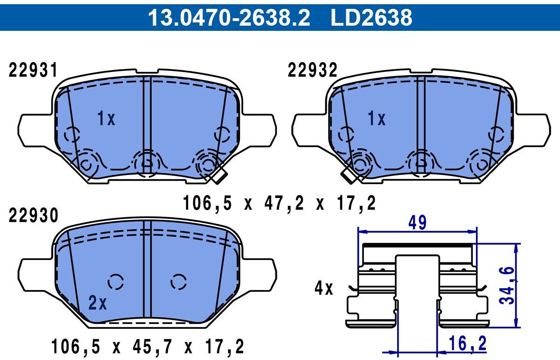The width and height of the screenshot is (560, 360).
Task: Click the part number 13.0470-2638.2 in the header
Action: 229,17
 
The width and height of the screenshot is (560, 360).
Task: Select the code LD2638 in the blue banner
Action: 371,17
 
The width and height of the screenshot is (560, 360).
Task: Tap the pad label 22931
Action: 33,71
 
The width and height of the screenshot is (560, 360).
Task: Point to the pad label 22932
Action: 313,71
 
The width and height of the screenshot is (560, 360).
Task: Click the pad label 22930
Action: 33,215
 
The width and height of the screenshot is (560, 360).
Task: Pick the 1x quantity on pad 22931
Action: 106,118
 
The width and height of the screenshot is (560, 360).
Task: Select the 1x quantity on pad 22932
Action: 377,118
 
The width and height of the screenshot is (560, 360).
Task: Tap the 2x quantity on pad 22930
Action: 98,303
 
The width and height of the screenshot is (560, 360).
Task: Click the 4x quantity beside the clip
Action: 324,288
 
